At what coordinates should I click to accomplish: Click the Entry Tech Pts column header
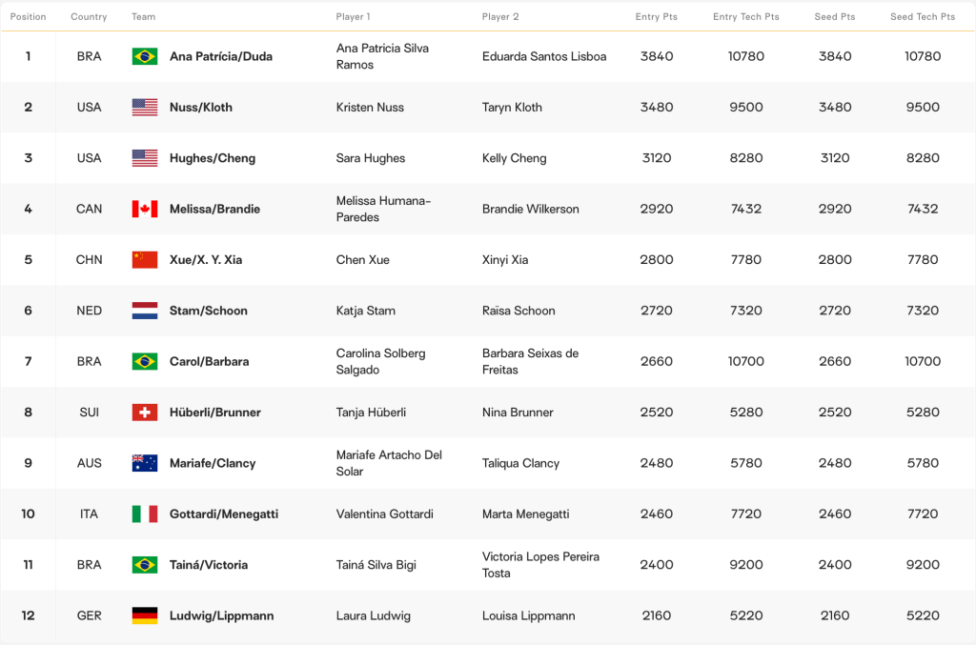745,17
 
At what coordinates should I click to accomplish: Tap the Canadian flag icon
145,209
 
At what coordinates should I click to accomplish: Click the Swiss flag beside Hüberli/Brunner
145,413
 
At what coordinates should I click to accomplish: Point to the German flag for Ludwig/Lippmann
145,615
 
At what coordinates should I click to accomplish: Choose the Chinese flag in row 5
145,259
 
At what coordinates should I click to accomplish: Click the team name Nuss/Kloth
201,108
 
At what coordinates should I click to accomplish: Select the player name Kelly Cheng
514,158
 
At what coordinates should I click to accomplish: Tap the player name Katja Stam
365,311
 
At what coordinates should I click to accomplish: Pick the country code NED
89,311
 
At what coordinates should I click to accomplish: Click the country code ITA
89,514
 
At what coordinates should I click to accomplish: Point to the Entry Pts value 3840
657,56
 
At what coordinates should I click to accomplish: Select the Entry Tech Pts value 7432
745,209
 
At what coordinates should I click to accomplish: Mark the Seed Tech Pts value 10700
922,361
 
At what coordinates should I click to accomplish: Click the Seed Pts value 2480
835,463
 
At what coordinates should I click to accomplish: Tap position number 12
28,615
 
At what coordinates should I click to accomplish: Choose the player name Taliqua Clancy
520,463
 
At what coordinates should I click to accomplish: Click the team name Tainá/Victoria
209,565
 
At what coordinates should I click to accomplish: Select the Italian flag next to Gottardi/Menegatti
145,514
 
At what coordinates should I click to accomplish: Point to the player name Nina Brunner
518,413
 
